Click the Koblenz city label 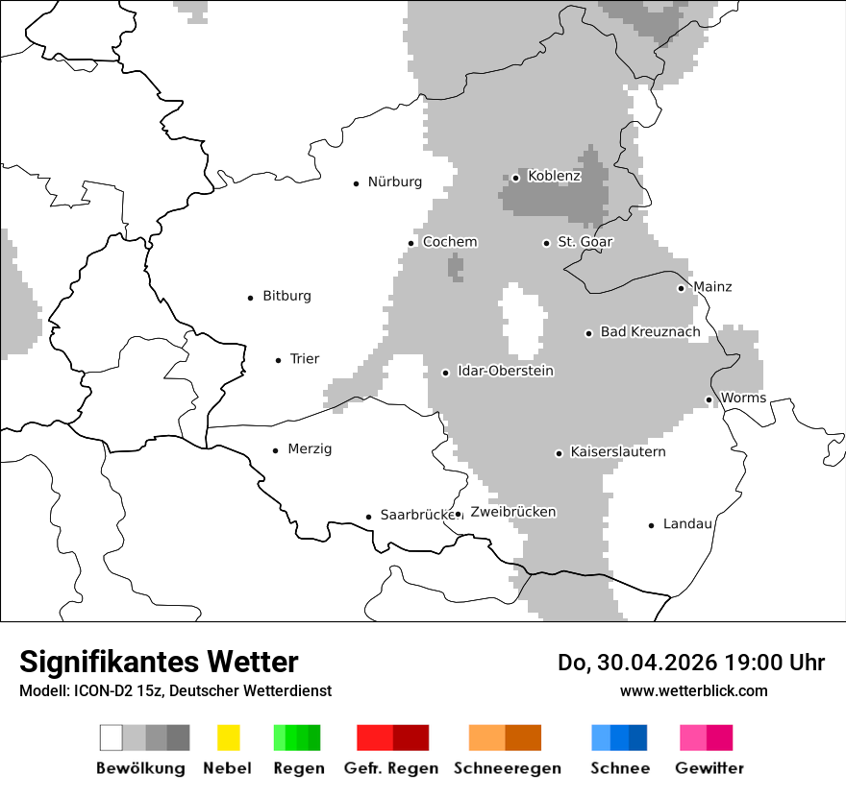pyautogui.click(x=554, y=176)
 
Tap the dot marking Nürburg pyautogui.click(x=356, y=182)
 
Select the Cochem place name pyautogui.click(x=449, y=242)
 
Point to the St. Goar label pyautogui.click(x=585, y=242)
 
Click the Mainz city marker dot pyautogui.click(x=681, y=288)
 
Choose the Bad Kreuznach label pyautogui.click(x=650, y=332)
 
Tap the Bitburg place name pyautogui.click(x=286, y=296)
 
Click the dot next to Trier pyautogui.click(x=278, y=360)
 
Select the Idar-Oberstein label pyautogui.click(x=506, y=371)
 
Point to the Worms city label pyautogui.click(x=743, y=398)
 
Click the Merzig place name pyautogui.click(x=310, y=448)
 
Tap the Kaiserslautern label pyautogui.click(x=617, y=451)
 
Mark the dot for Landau pyautogui.click(x=651, y=525)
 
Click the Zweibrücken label pyautogui.click(x=512, y=512)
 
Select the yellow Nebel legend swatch pyautogui.click(x=228, y=737)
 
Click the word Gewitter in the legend pyautogui.click(x=709, y=768)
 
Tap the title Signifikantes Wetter pyautogui.click(x=159, y=662)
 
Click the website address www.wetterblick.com pyautogui.click(x=693, y=690)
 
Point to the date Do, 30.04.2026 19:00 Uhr pyautogui.click(x=690, y=663)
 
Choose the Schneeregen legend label pyautogui.click(x=507, y=768)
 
